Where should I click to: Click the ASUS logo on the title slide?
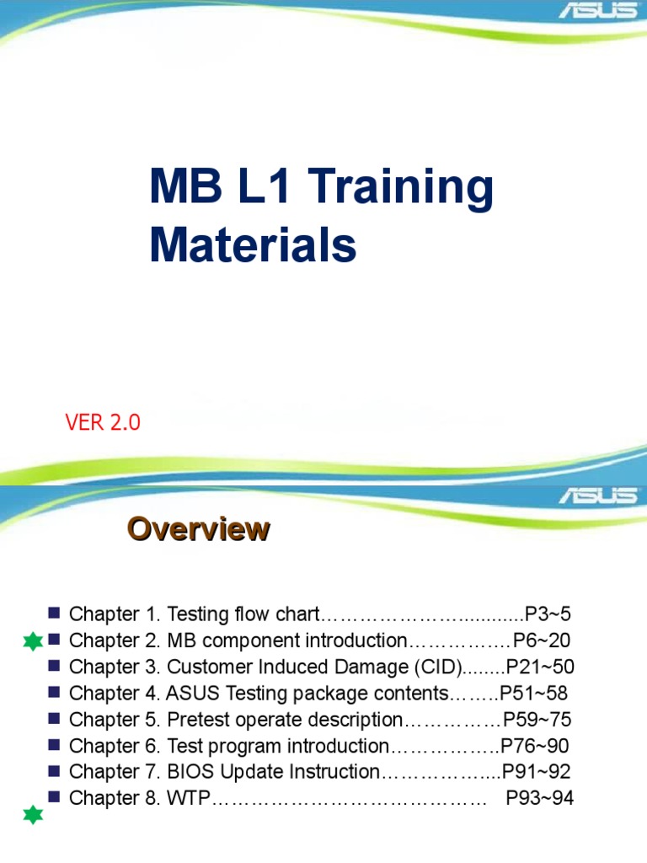click(599, 12)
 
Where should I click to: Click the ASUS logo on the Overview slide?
click(599, 495)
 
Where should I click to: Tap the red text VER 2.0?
click(103, 423)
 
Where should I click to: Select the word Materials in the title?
click(254, 244)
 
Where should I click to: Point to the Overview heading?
click(198, 529)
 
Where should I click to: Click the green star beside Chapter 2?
click(33, 642)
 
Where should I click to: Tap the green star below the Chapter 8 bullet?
click(33, 815)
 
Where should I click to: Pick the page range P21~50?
click(540, 667)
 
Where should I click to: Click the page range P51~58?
click(534, 694)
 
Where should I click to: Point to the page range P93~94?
click(540, 798)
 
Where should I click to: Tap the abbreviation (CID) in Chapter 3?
click(436, 667)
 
